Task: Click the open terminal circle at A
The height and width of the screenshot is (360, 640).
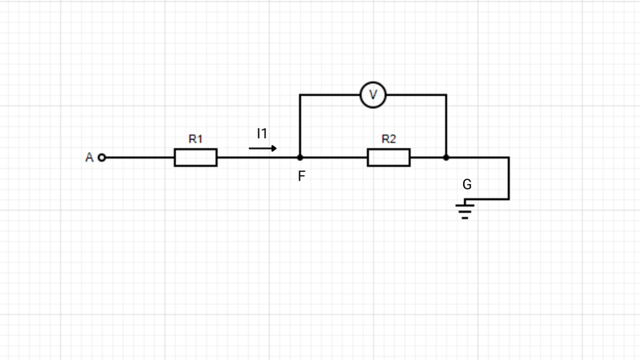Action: tap(102, 158)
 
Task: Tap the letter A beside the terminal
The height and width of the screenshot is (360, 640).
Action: tap(90, 158)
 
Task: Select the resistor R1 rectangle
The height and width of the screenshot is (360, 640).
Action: tap(195, 158)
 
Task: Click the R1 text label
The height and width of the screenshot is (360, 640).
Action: tap(195, 138)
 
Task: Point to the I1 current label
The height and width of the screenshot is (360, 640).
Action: tap(262, 134)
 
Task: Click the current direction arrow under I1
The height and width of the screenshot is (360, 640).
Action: tap(263, 148)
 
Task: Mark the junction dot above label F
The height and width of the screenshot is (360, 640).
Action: tap(300, 158)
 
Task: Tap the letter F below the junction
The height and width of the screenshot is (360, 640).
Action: tap(302, 176)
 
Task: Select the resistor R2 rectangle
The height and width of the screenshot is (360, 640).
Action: tap(389, 158)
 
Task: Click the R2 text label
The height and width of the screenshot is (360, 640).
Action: tap(389, 138)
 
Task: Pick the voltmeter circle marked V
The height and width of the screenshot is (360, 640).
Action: tap(373, 94)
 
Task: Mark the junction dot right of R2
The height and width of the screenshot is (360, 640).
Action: tap(446, 158)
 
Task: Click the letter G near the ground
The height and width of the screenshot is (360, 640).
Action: tap(467, 185)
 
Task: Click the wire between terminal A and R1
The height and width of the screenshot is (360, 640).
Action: tap(140, 158)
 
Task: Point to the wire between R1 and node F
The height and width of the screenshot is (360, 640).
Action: tap(258, 158)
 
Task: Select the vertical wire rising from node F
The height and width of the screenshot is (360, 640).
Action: tap(300, 126)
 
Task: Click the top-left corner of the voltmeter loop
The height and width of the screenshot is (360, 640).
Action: tap(300, 94)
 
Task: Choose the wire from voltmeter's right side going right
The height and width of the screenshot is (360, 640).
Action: tap(416, 94)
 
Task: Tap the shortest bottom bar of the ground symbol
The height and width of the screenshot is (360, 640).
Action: tap(465, 218)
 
